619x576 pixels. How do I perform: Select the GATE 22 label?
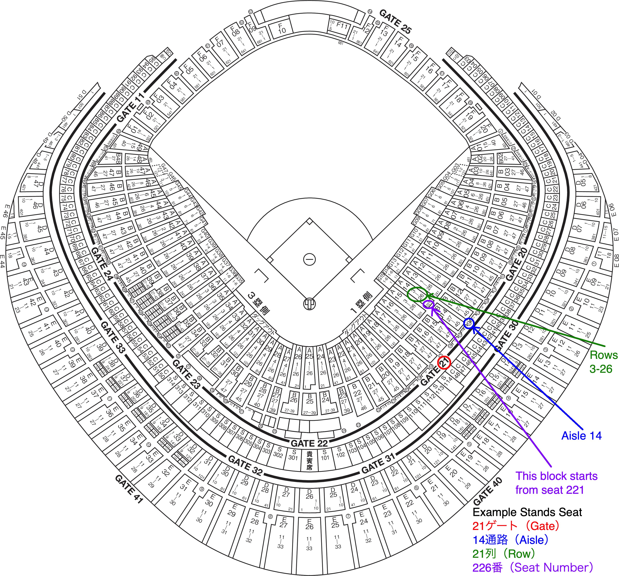309,443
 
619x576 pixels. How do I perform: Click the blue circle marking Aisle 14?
469,323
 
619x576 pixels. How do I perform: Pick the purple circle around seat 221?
429,304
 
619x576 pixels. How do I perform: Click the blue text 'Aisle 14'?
581,436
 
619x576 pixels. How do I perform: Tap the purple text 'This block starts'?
556,476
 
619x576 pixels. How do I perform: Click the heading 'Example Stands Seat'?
527,512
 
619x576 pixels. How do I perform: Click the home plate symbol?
309,303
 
